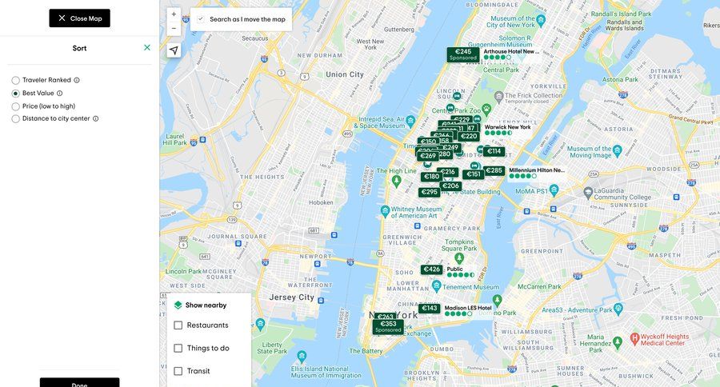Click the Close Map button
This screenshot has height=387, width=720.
pyautogui.click(x=79, y=18)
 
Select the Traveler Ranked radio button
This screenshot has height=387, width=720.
pyautogui.click(x=16, y=80)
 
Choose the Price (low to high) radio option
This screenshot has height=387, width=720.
pyautogui.click(x=16, y=106)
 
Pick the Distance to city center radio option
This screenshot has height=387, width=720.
pyautogui.click(x=16, y=119)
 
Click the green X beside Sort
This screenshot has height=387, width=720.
pyautogui.click(x=147, y=48)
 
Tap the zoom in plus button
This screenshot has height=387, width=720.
pyautogui.click(x=174, y=14)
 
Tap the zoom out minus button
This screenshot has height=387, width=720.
pyautogui.click(x=174, y=29)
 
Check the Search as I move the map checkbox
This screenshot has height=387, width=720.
pyautogui.click(x=201, y=18)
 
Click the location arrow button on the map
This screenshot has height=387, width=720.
pyautogui.click(x=174, y=50)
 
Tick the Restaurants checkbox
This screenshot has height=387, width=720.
pyautogui.click(x=178, y=325)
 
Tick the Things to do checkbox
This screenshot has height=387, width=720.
pyautogui.click(x=178, y=349)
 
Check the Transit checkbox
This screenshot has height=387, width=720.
pyautogui.click(x=178, y=371)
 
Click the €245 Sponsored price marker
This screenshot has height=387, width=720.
pyautogui.click(x=463, y=54)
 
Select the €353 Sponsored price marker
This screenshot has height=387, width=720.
pyautogui.click(x=388, y=326)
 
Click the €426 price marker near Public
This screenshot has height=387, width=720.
pyautogui.click(x=432, y=269)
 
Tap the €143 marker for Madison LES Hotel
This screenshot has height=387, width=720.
pyautogui.click(x=430, y=309)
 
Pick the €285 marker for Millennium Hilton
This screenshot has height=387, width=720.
pyautogui.click(x=494, y=170)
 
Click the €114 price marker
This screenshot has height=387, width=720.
pyautogui.click(x=494, y=151)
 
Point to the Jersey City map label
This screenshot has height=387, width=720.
pyautogui.click(x=291, y=297)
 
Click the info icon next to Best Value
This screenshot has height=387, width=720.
pyautogui.click(x=60, y=94)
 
